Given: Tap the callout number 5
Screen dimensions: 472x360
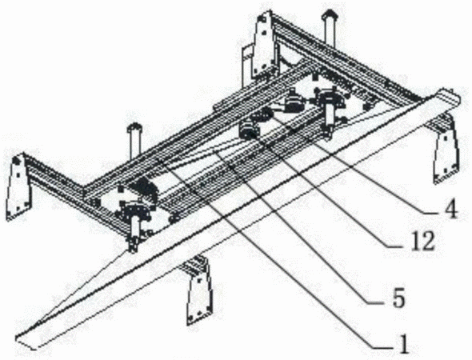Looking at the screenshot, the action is click(398, 298).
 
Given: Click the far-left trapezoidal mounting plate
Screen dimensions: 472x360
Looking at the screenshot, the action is click(17, 186).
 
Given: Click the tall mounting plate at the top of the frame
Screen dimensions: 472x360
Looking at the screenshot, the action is click(264, 44).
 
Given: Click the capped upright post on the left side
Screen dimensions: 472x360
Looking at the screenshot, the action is click(134, 141).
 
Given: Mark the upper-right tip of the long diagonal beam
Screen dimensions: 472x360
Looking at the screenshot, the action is click(459, 97).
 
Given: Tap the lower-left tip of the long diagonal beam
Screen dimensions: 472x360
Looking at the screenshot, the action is click(18, 337).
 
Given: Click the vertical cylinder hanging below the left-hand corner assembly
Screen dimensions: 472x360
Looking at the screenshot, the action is click(134, 234).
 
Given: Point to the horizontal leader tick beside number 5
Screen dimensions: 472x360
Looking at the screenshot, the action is click(378, 302).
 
